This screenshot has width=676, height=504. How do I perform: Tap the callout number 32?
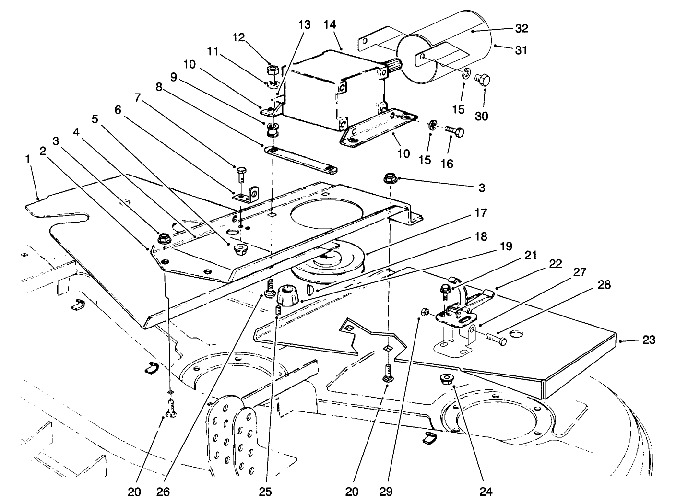click(x=521, y=28)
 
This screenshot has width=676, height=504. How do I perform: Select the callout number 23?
click(x=648, y=340)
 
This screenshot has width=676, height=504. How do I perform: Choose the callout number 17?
click(x=481, y=212)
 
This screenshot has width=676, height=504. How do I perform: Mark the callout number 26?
click(x=163, y=492)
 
